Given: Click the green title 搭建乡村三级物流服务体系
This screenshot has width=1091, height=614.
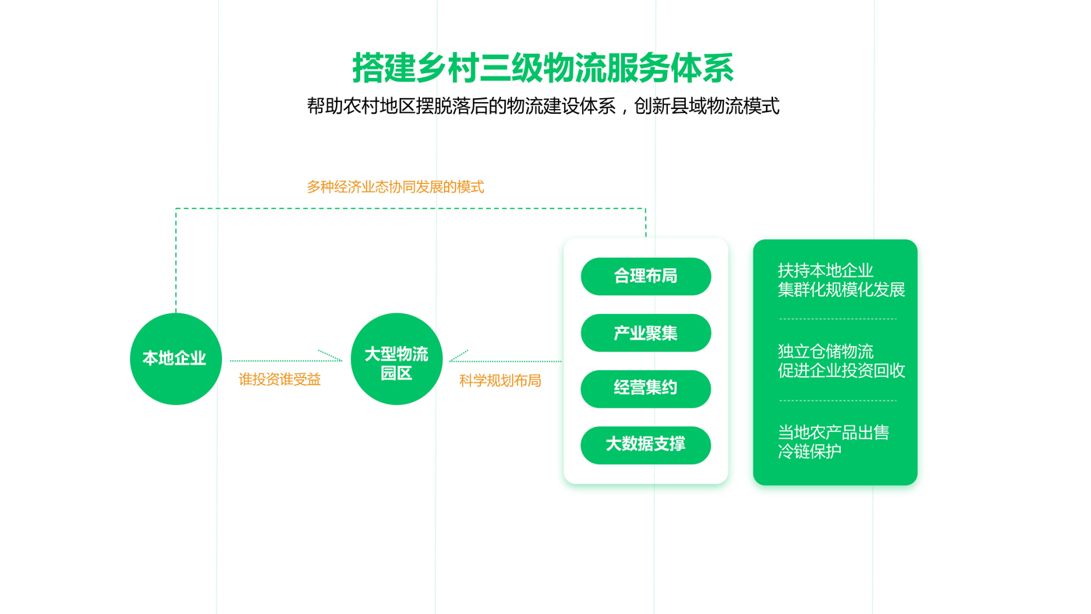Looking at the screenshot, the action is coord(542,68).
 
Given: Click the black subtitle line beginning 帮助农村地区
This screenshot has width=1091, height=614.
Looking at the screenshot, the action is coord(543,106).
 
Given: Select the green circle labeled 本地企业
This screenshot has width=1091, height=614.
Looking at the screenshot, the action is coord(176,359).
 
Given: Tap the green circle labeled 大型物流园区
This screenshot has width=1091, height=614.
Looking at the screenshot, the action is coord(397,359).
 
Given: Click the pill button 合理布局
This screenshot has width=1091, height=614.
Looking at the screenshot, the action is coord(646,277).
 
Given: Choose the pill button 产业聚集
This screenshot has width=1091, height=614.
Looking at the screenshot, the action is coord(646,333).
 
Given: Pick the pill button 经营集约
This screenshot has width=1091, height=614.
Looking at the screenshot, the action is coord(646,389).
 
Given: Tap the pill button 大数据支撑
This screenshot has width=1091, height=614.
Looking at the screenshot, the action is coord(646,446).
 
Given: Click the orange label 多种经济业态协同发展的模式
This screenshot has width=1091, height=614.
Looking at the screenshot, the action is coord(396,187).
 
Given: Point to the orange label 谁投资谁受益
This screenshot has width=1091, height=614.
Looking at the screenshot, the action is coord(280,379).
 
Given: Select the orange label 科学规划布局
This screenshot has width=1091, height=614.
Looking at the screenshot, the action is coord(500,381).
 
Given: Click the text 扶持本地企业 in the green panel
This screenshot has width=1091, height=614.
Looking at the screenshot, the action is coord(825,270).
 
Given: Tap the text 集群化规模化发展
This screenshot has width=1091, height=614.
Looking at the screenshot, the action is coord(841,290).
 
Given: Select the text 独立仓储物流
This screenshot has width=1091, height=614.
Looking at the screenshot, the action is coord(825,351).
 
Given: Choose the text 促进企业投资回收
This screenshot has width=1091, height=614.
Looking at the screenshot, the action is coord(841,371).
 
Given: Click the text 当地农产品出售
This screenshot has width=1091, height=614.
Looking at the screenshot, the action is coord(833,432).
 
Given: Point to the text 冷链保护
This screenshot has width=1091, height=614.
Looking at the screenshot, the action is coord(809,451).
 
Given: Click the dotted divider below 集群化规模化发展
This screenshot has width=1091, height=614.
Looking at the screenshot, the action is coord(838,319).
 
